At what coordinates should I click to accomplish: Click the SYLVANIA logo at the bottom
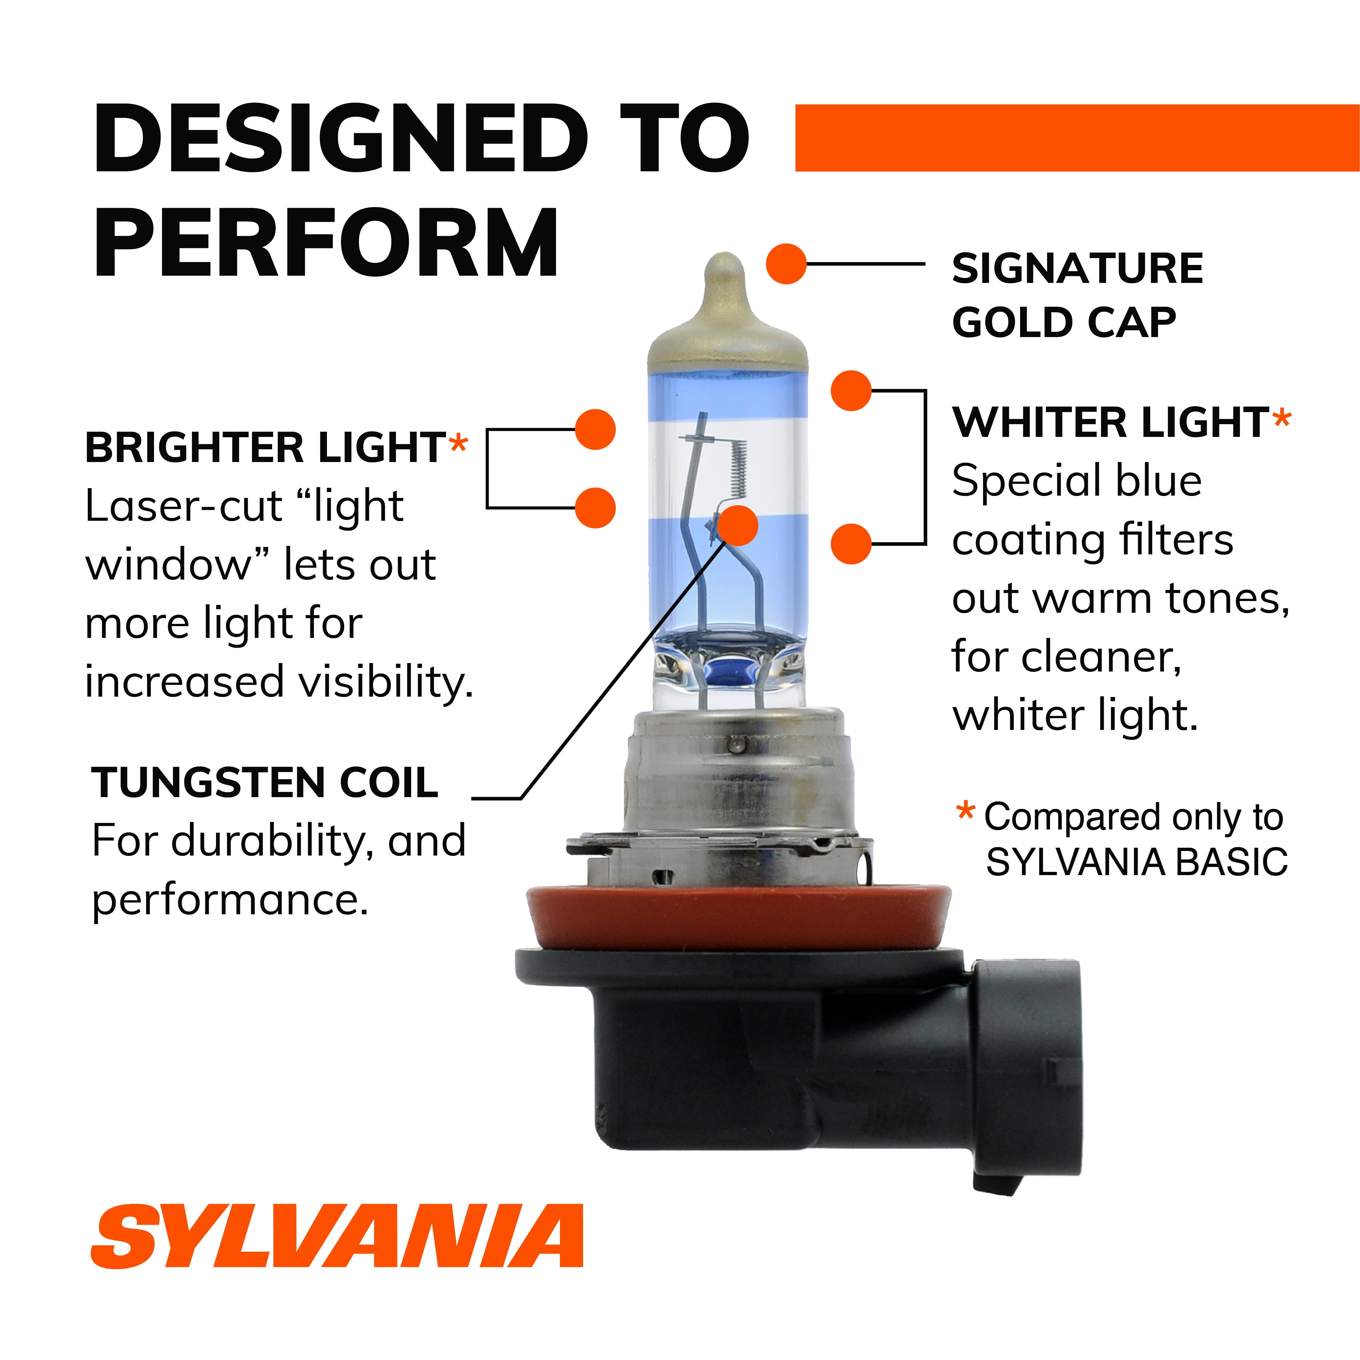[336, 1235]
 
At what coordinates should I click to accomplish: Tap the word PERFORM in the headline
[326, 243]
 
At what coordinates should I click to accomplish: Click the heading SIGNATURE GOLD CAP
[1077, 296]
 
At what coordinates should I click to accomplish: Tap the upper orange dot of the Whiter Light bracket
[851, 391]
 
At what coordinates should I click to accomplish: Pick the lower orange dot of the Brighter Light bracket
[595, 507]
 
